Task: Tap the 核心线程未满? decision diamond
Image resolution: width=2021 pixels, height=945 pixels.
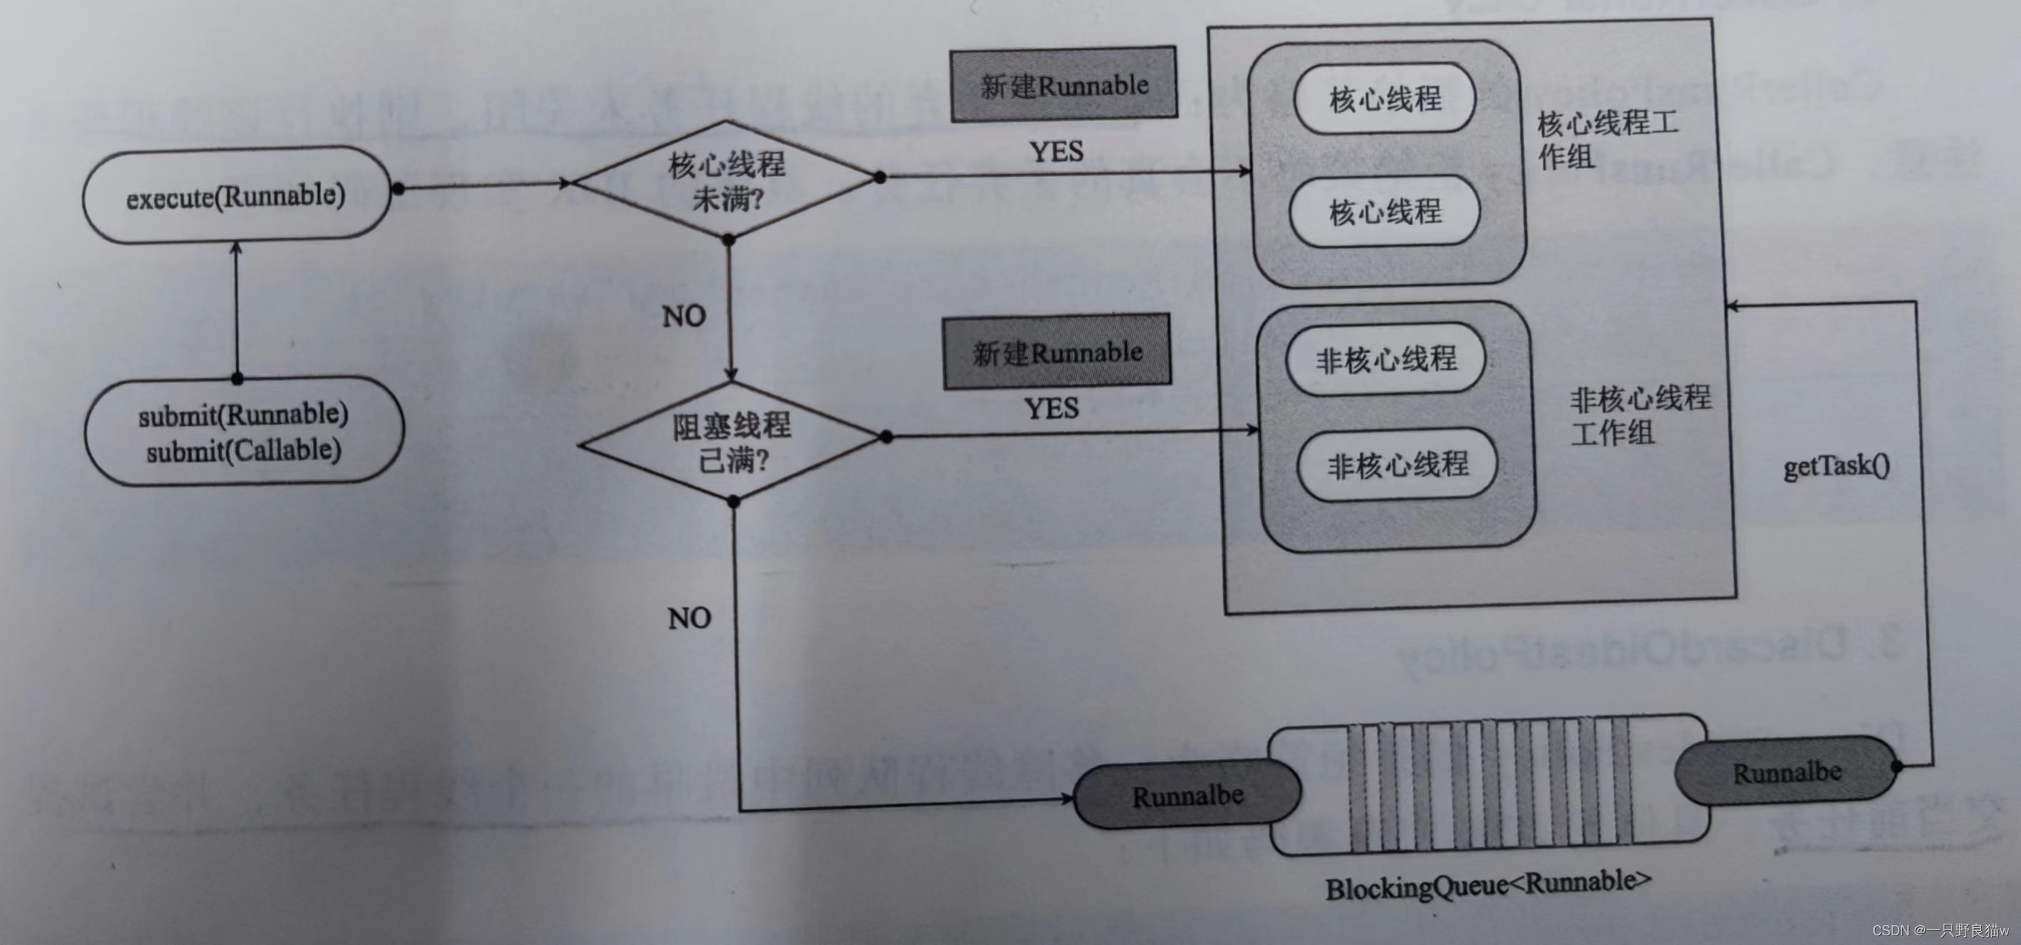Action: coord(726,181)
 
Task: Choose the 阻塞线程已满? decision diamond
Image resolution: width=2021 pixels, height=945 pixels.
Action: coord(732,442)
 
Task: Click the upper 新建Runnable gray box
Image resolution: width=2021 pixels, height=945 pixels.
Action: coord(1063,84)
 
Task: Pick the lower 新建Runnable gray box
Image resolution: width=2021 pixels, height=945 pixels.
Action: coord(1057,351)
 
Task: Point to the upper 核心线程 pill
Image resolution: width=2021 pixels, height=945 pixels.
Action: coord(1385,99)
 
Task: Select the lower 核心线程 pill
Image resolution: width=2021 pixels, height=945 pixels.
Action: coord(1385,211)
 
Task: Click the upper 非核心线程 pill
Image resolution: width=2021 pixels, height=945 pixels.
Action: coord(1386,359)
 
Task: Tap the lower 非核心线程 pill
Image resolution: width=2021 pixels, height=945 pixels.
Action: coord(1397,464)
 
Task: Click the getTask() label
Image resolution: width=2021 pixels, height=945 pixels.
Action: coord(1836,466)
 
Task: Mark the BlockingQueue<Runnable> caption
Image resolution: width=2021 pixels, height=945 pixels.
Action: coord(1487,884)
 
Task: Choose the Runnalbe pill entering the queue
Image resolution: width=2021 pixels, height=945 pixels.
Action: coord(1187,796)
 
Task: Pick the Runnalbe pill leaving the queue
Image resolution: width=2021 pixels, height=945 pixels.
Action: coord(1786,772)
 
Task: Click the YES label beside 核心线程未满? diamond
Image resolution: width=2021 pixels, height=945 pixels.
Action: coord(1056,151)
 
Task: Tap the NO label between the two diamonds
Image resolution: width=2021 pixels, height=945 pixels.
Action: coord(684,316)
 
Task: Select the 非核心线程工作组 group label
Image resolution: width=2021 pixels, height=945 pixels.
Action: coord(1639,415)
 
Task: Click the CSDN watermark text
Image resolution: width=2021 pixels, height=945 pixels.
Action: coord(1938,930)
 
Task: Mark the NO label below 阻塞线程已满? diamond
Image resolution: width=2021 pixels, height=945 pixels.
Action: coord(689,619)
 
